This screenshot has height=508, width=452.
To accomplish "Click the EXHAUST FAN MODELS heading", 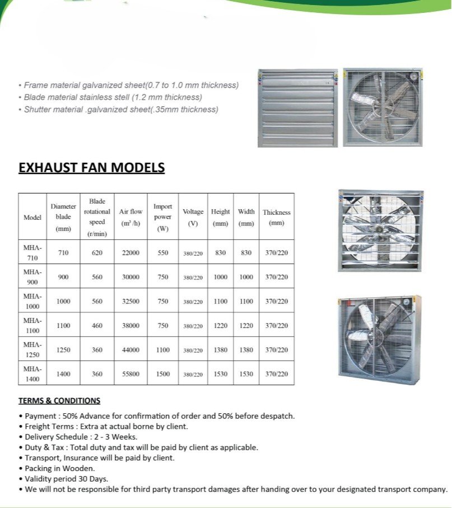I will click(x=91, y=168).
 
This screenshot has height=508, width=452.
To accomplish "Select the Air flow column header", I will click(x=131, y=217).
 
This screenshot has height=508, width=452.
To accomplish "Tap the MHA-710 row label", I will click(x=32, y=253).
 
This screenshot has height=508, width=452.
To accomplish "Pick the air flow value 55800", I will click(x=131, y=374).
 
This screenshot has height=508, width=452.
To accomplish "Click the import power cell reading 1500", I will click(x=163, y=374).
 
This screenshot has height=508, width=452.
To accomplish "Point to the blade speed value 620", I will click(x=97, y=253).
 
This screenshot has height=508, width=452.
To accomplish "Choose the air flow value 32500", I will click(x=131, y=301).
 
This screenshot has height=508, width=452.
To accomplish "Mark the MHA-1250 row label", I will click(x=32, y=350).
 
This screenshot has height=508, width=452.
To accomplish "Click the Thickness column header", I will click(x=277, y=217).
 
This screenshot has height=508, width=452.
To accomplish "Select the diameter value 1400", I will click(x=63, y=374).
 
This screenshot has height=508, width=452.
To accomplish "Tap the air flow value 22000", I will click(x=131, y=253).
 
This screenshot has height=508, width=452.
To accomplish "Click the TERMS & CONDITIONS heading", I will click(x=59, y=401).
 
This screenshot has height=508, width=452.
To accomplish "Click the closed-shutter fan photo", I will click(x=297, y=108).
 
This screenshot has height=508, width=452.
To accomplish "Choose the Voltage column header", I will click(x=193, y=217).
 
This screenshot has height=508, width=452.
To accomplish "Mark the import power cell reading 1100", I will click(x=163, y=350).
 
